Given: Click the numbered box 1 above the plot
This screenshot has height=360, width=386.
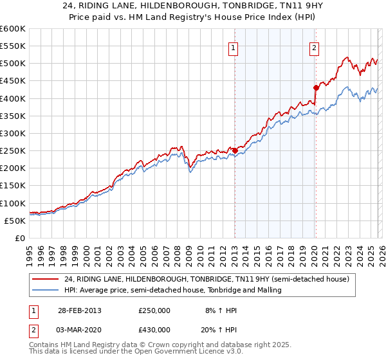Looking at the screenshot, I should point(233,47).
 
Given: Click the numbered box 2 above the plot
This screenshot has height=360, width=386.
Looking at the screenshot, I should point(314,47).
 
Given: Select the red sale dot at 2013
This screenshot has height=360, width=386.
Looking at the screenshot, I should point(235,150).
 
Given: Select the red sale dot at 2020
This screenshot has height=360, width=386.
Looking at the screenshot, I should point(316,87).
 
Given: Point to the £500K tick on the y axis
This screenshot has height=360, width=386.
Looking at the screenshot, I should point(13,64).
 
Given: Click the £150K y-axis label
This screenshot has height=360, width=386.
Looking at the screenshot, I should point(13,186).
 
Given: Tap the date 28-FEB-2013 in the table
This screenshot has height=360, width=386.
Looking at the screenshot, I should point(78,310).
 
